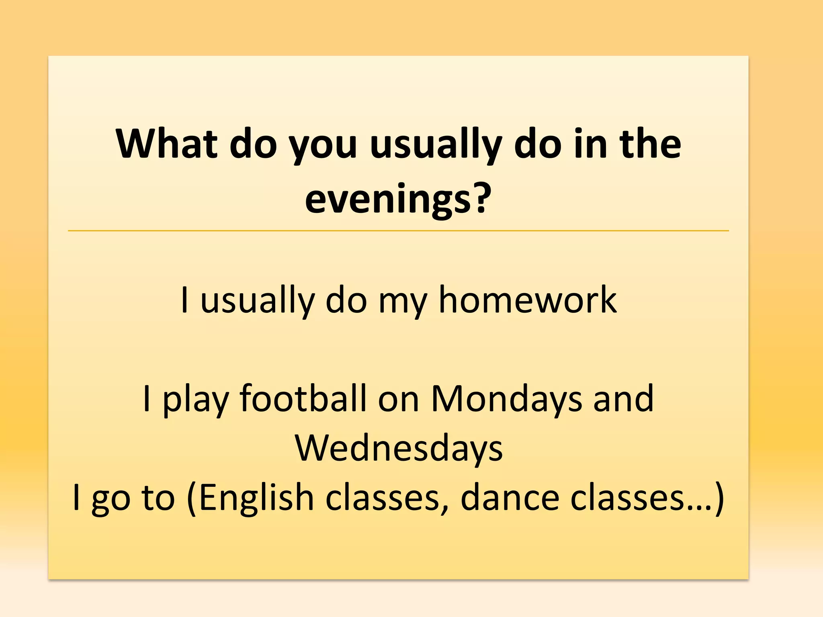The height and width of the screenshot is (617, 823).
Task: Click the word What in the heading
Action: [x=166, y=143]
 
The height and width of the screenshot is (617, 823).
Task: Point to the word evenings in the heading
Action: [x=388, y=200]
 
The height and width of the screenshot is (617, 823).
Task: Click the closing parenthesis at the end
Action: [x=719, y=498]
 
